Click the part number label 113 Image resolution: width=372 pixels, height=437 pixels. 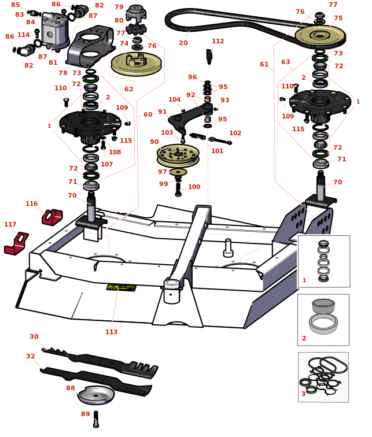click(111, 332)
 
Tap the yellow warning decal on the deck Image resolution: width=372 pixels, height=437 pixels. click(121, 287)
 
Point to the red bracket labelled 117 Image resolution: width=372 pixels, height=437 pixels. click(16, 243)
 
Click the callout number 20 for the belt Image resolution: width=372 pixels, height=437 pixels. click(183, 43)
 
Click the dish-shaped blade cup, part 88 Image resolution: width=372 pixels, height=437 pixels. click(96, 395)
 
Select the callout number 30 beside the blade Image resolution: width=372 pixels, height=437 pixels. click(34, 336)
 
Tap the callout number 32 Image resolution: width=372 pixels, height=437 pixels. click(30, 356)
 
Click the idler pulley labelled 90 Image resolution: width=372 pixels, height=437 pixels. click(178, 154)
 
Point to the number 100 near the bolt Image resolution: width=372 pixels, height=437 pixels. click(194, 187)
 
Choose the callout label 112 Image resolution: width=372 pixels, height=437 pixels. click(218, 41)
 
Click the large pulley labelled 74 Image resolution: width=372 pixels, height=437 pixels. click(136, 62)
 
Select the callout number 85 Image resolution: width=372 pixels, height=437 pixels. click(15, 5)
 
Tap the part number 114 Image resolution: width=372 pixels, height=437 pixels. click(23, 35)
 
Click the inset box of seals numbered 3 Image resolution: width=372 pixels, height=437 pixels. click(323, 377)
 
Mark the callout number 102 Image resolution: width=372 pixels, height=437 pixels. click(235, 133)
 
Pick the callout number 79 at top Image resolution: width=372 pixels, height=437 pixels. click(119, 7)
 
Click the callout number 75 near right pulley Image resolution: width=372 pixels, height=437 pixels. click(338, 18)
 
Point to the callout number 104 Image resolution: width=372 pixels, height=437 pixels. click(174, 99)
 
